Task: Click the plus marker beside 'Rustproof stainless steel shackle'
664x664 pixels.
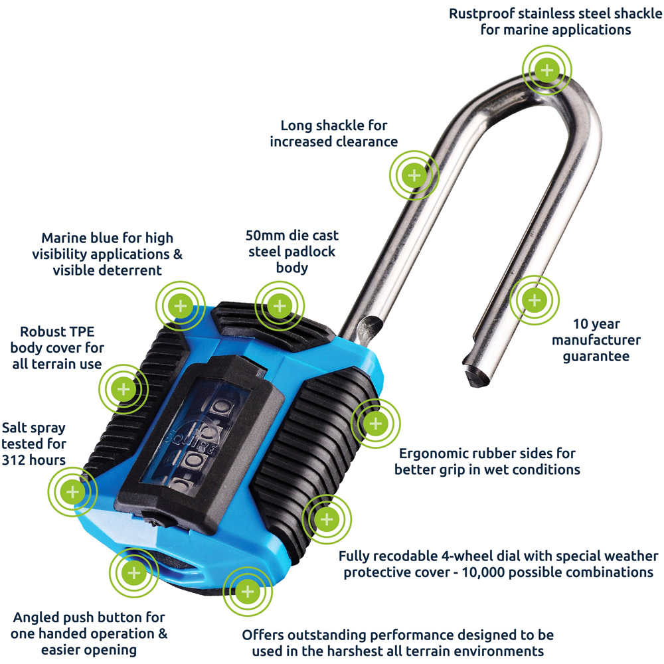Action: [546, 69]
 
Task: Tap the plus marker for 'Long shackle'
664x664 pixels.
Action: [414, 175]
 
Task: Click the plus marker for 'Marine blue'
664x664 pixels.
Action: [180, 306]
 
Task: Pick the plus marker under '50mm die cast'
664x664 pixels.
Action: [280, 306]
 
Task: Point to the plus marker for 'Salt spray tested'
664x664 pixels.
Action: [72, 492]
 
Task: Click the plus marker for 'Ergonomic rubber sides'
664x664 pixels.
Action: [375, 423]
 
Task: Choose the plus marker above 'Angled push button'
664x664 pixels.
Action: [133, 573]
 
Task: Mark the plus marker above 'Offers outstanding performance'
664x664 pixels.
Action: [248, 591]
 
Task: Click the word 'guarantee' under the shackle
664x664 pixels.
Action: [596, 356]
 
